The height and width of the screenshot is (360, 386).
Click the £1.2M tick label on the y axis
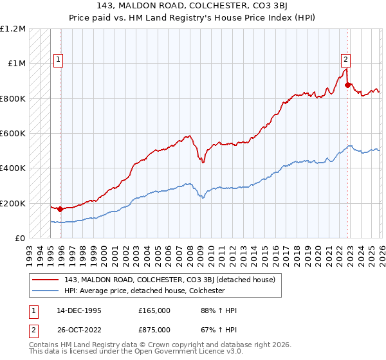tap(14, 29)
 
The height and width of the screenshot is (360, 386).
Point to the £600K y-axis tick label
tap(13, 134)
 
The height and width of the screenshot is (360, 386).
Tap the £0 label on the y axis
tap(20, 238)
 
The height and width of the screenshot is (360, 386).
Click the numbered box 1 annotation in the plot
tap(58, 60)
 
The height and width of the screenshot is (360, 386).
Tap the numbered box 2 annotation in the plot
tap(345, 60)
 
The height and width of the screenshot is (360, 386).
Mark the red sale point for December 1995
tap(60, 209)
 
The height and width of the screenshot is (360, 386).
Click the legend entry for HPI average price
tap(143, 291)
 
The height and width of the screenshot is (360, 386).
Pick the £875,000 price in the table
tap(154, 330)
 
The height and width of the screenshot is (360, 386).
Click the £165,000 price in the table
tap(154, 310)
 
